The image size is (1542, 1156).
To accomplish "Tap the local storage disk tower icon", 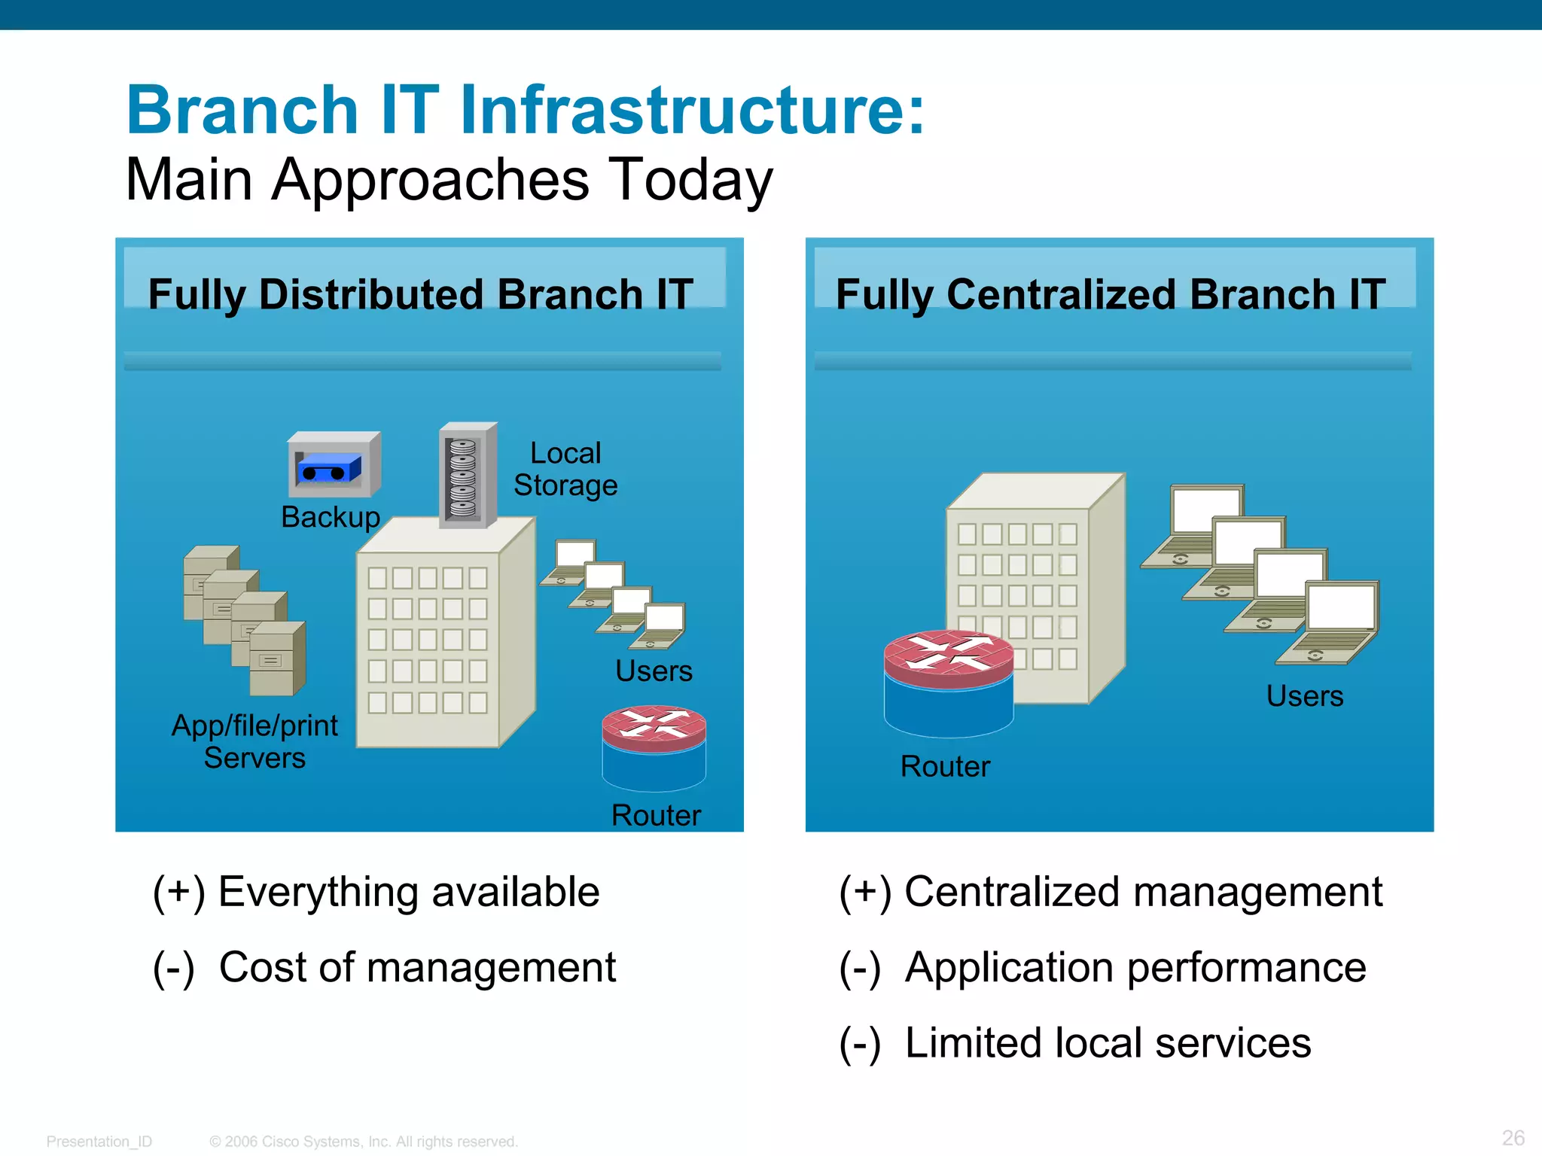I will [467, 476].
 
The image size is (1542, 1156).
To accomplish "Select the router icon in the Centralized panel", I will [949, 683].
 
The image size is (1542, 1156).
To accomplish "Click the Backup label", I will [331, 518].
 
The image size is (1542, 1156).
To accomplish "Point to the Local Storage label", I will [565, 470].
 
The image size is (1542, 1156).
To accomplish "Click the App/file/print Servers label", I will [254, 741].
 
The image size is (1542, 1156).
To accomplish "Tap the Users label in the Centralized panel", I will [1304, 696].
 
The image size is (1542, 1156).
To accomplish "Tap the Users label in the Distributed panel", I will [654, 671].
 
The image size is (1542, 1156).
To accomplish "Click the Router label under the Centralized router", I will [945, 767].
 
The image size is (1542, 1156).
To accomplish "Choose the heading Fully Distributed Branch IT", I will [420, 294].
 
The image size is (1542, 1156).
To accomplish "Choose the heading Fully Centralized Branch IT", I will [1111, 294].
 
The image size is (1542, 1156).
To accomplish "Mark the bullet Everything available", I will [408, 893].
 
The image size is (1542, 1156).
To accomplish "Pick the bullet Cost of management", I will [416, 968].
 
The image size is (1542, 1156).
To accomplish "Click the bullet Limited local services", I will [1107, 1043].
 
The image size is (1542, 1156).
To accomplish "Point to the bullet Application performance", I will [1135, 968].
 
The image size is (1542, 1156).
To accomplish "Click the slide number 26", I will [1513, 1137].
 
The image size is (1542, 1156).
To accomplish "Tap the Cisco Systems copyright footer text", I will [364, 1142].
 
